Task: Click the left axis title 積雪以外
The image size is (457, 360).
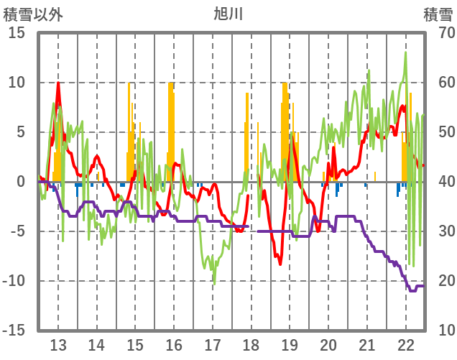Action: pyautogui.click(x=32, y=14)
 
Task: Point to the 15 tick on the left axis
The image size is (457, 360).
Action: pyautogui.click(x=17, y=34)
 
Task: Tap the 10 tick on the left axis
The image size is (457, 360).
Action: pyautogui.click(x=17, y=83)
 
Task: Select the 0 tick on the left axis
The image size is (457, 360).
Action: pyautogui.click(x=21, y=183)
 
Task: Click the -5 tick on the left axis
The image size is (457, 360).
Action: pyautogui.click(x=17, y=232)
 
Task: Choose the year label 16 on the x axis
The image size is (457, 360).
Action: pyautogui.click(x=174, y=343)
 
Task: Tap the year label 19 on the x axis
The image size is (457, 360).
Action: pyautogui.click(x=290, y=343)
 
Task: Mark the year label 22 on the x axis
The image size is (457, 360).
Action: pyautogui.click(x=406, y=343)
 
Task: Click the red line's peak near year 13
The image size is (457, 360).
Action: pyautogui.click(x=58, y=83)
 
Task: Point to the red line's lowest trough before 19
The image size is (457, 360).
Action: pyautogui.click(x=281, y=264)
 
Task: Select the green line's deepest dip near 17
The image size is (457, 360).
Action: pyautogui.click(x=213, y=282)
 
